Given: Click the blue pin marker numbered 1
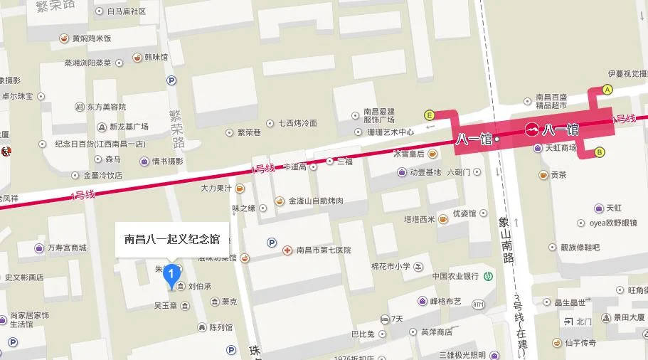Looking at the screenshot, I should pyautogui.click(x=171, y=275).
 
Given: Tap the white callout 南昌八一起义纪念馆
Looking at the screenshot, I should pyautogui.click(x=171, y=239).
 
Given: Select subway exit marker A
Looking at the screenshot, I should pyautogui.click(x=607, y=90).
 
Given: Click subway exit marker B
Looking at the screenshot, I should pyautogui.click(x=600, y=152).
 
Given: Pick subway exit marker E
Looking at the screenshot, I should pyautogui.click(x=429, y=114).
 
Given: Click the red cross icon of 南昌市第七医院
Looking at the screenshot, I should pyautogui.click(x=287, y=250).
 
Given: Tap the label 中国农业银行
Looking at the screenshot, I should pyautogui.click(x=455, y=276).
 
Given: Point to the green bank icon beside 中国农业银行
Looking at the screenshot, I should pyautogui.click(x=489, y=276).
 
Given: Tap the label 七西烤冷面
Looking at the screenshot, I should pyautogui.click(x=298, y=123).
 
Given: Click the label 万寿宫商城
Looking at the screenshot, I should pyautogui.click(x=66, y=248).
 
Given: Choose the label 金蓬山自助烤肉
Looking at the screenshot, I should pyautogui.click(x=316, y=201).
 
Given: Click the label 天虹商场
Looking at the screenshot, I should pyautogui.click(x=561, y=148).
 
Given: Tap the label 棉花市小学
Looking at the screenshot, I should pyautogui.click(x=391, y=267).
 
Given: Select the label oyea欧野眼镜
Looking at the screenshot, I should pyautogui.click(x=612, y=223).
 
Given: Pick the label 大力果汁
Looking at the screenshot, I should pyautogui.click(x=216, y=189).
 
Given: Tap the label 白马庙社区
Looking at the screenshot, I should pyautogui.click(x=126, y=11).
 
